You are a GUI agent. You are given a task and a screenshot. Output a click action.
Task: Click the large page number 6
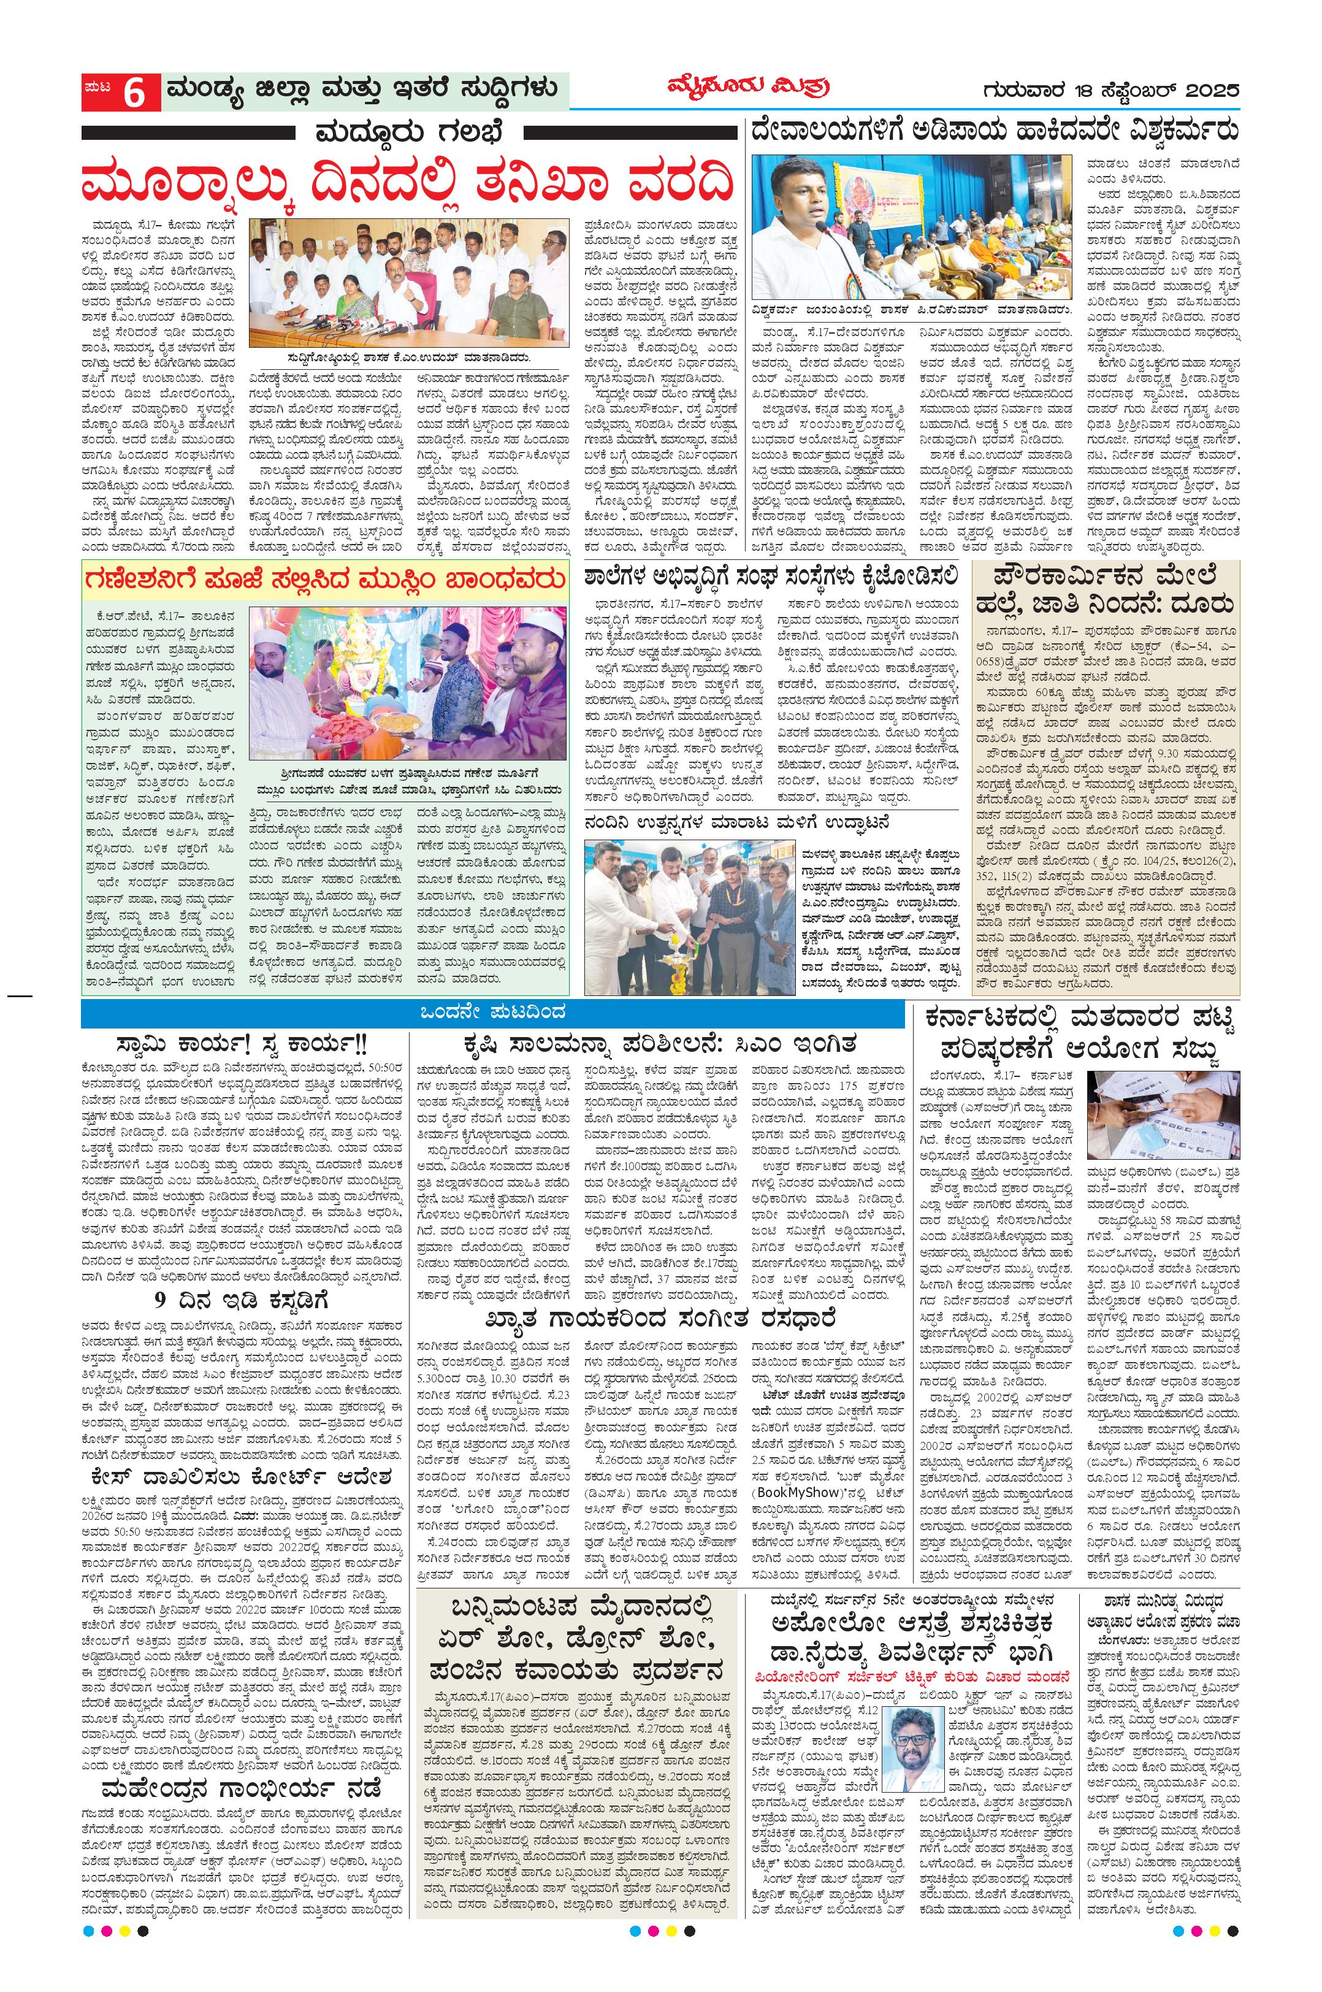click(x=135, y=92)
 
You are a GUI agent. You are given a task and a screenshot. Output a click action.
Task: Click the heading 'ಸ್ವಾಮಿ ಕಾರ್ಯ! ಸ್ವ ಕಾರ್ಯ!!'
click(x=245, y=1044)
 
